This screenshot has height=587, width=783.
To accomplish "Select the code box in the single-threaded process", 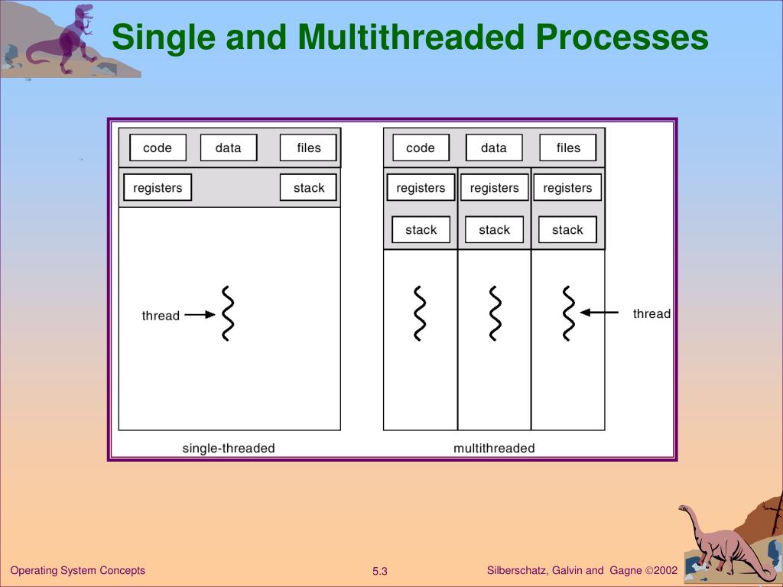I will pyautogui.click(x=158, y=148).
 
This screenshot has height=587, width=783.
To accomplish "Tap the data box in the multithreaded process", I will pyautogui.click(x=494, y=148).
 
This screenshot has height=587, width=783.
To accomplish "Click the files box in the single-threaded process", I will pyautogui.click(x=309, y=148).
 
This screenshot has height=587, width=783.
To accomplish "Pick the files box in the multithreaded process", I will pyautogui.click(x=568, y=148).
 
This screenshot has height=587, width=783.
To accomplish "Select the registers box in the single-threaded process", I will pyautogui.click(x=158, y=187).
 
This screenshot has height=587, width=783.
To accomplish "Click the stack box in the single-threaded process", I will pyautogui.click(x=309, y=187).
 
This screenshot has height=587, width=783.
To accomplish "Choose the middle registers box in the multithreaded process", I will pyautogui.click(x=494, y=187).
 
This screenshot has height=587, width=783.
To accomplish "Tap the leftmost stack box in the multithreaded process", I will pyautogui.click(x=421, y=229).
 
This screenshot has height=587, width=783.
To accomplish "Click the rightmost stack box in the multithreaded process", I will pyautogui.click(x=567, y=229).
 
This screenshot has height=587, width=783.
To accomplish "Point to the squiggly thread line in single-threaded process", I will pyautogui.click(x=227, y=313).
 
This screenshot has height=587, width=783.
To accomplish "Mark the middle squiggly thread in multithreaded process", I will pyautogui.click(x=495, y=313).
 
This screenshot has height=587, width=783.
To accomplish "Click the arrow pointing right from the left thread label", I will pyautogui.click(x=200, y=314).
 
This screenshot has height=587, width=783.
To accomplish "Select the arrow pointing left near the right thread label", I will pyautogui.click(x=599, y=312).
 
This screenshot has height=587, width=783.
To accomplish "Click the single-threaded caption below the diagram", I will pyautogui.click(x=229, y=449).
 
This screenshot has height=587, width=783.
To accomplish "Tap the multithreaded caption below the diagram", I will pyautogui.click(x=494, y=449).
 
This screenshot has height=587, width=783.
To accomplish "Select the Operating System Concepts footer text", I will pyautogui.click(x=77, y=570).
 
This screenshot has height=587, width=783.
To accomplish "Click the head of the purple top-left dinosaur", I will pyautogui.click(x=83, y=11).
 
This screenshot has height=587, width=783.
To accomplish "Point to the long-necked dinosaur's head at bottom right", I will pyautogui.click(x=684, y=509).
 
